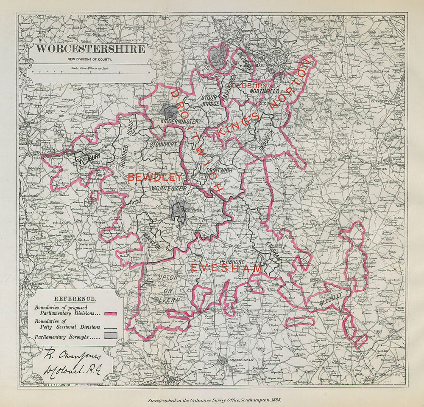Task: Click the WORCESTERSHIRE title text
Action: coord(89,48)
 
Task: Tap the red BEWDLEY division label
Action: coord(155,177)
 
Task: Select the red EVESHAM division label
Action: coord(226,269)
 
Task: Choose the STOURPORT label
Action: coord(163,144)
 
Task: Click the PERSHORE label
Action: coord(232,262)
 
